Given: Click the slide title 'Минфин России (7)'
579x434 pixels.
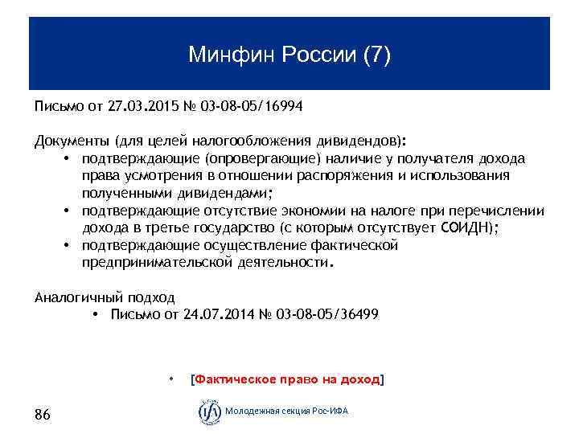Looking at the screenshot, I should coord(289,55).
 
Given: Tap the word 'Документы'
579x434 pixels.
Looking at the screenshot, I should coord(72,141).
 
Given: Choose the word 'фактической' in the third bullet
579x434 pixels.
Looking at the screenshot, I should coord(353,245).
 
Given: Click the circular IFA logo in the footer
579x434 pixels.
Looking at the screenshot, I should coord(209,411).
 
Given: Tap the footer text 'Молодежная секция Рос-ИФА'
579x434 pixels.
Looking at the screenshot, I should coord(286,411).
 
